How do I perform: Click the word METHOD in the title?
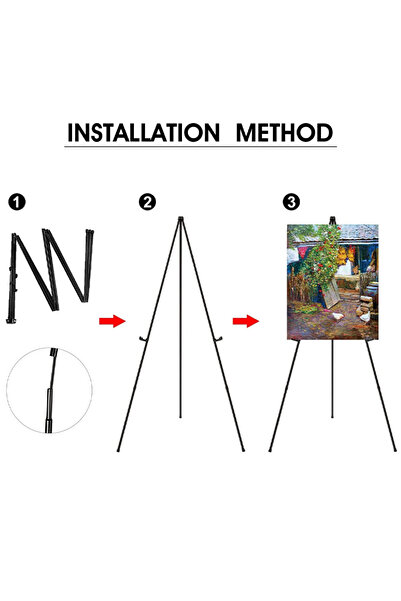(284, 132)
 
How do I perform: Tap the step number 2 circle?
(147, 203)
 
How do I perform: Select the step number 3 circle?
(291, 203)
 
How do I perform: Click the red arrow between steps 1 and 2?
(112, 321)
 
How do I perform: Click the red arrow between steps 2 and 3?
(245, 321)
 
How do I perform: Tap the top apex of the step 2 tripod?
(180, 219)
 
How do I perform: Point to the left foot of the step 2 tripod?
(117, 449)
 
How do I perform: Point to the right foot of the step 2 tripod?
(243, 449)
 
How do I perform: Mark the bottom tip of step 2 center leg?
(180, 416)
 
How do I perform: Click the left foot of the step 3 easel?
(270, 449)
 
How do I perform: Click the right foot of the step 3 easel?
(394, 449)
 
